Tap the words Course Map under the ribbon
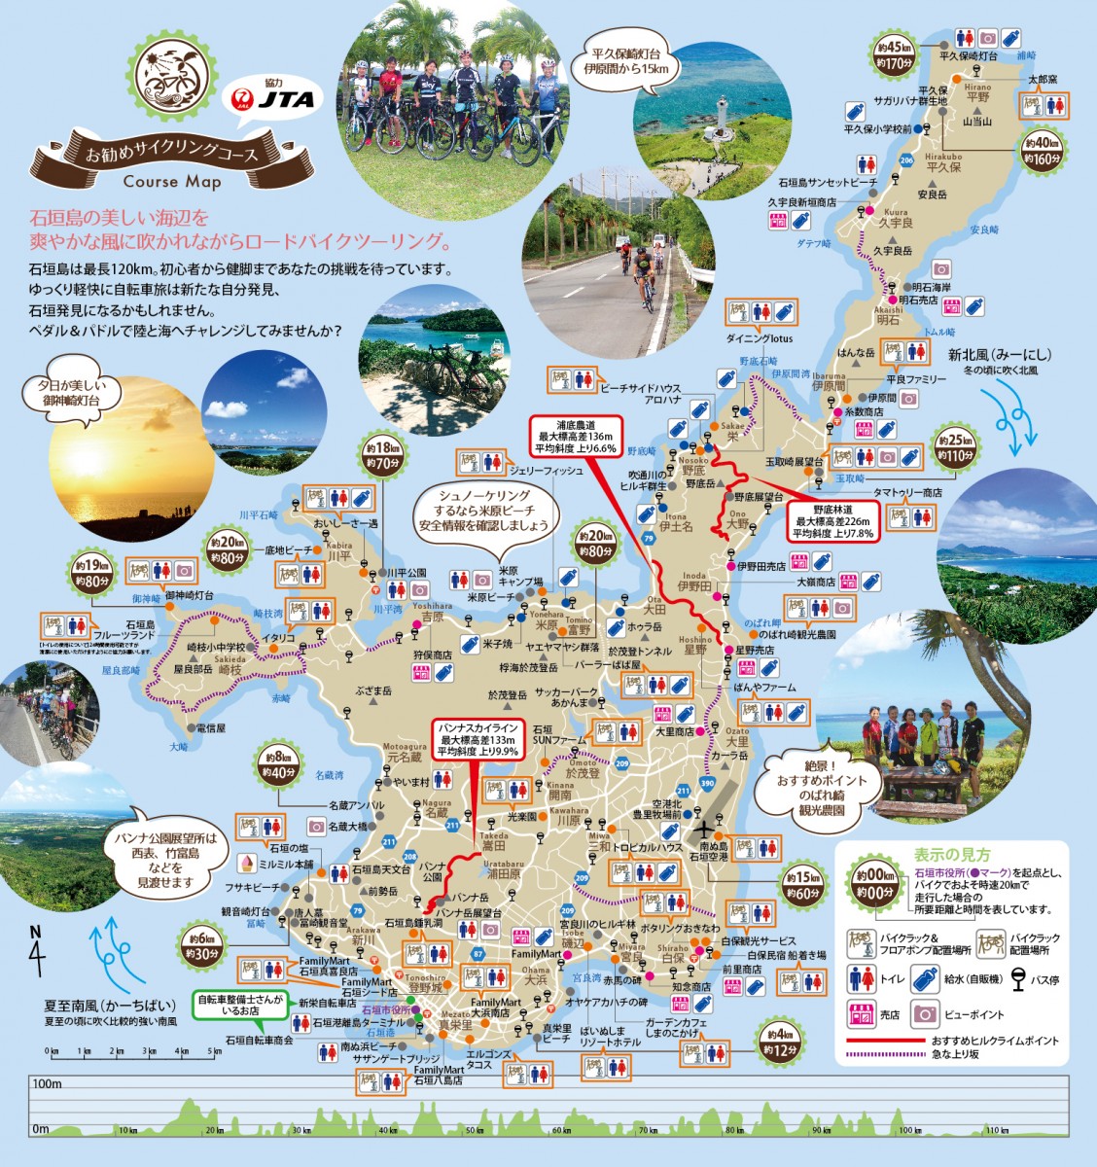174,181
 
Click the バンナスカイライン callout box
480,739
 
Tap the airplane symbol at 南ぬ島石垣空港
703,831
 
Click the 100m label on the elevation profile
46,1083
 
